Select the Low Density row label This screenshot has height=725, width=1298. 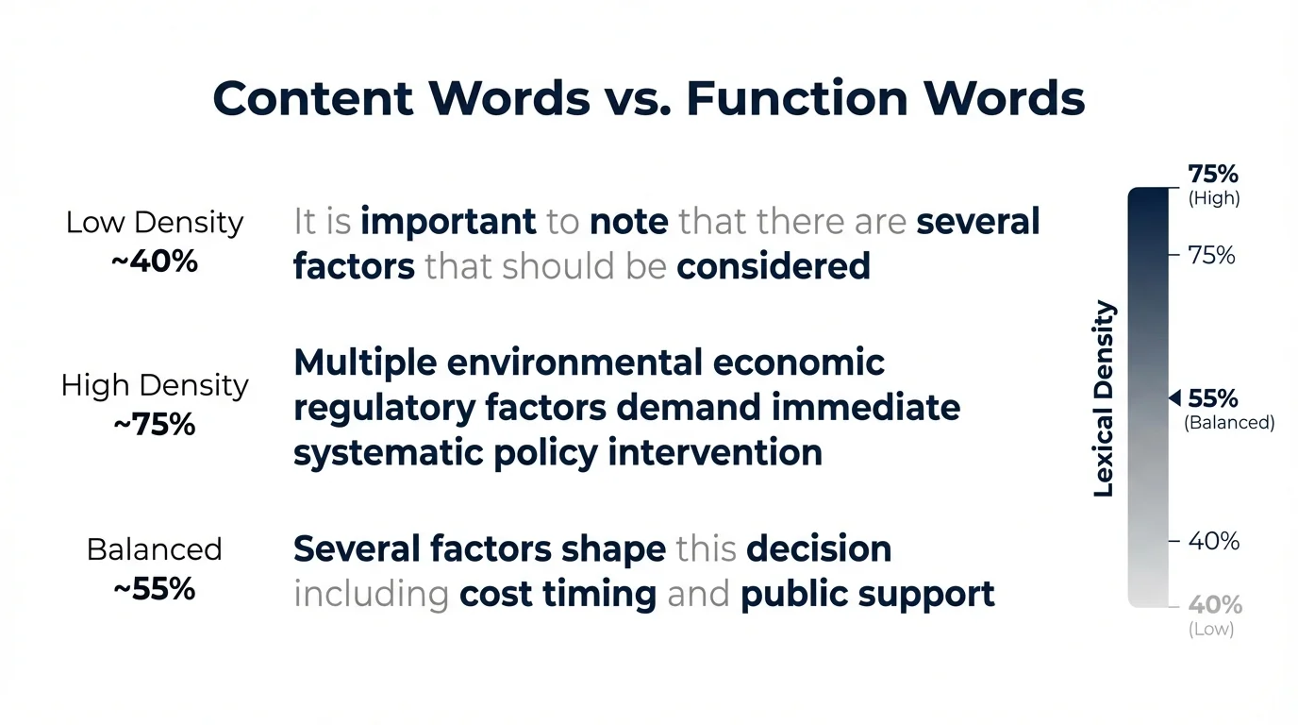tap(155, 223)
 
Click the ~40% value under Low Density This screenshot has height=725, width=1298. tap(155, 261)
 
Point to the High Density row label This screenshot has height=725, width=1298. tap(155, 385)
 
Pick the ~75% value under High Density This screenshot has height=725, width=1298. tap(155, 424)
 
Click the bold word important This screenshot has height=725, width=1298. tap(448, 223)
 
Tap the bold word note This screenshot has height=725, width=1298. tap(629, 223)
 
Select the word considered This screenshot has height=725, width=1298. tap(774, 267)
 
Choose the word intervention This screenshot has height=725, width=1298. tap(715, 453)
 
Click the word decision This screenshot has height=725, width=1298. tap(819, 548)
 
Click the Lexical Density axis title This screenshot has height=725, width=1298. tap(1104, 399)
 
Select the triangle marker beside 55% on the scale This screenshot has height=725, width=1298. tap(1174, 398)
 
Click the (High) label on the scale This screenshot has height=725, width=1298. tap(1213, 198)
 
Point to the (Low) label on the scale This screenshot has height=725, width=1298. tap(1211, 629)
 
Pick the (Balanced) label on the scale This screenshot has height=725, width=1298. tap(1229, 423)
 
